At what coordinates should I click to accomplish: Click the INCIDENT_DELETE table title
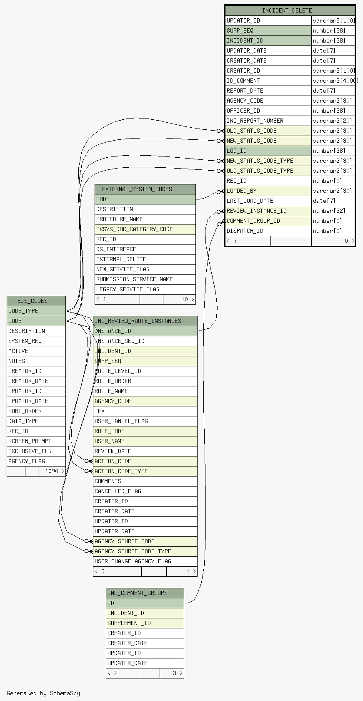(287, 11)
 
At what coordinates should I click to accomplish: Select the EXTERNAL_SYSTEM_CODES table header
(137, 189)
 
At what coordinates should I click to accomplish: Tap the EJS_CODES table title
(33, 301)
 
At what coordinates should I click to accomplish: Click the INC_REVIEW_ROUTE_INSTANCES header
(138, 321)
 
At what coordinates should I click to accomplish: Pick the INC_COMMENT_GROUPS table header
(137, 593)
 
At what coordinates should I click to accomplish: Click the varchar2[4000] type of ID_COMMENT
(335, 81)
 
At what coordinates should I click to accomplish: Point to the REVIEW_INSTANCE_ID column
(256, 211)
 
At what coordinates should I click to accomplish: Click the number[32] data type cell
(329, 211)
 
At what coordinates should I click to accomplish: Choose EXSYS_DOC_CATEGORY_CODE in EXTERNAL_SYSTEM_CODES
(135, 229)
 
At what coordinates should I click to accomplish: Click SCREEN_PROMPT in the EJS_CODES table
(30, 441)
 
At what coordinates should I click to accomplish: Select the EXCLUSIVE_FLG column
(30, 451)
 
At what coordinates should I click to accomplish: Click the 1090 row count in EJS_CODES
(52, 471)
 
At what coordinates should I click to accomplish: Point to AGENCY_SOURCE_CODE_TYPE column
(133, 551)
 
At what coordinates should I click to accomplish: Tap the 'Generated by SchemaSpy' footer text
(43, 693)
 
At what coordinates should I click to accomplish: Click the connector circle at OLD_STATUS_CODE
(219, 131)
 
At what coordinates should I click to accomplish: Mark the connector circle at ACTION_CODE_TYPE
(87, 471)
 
